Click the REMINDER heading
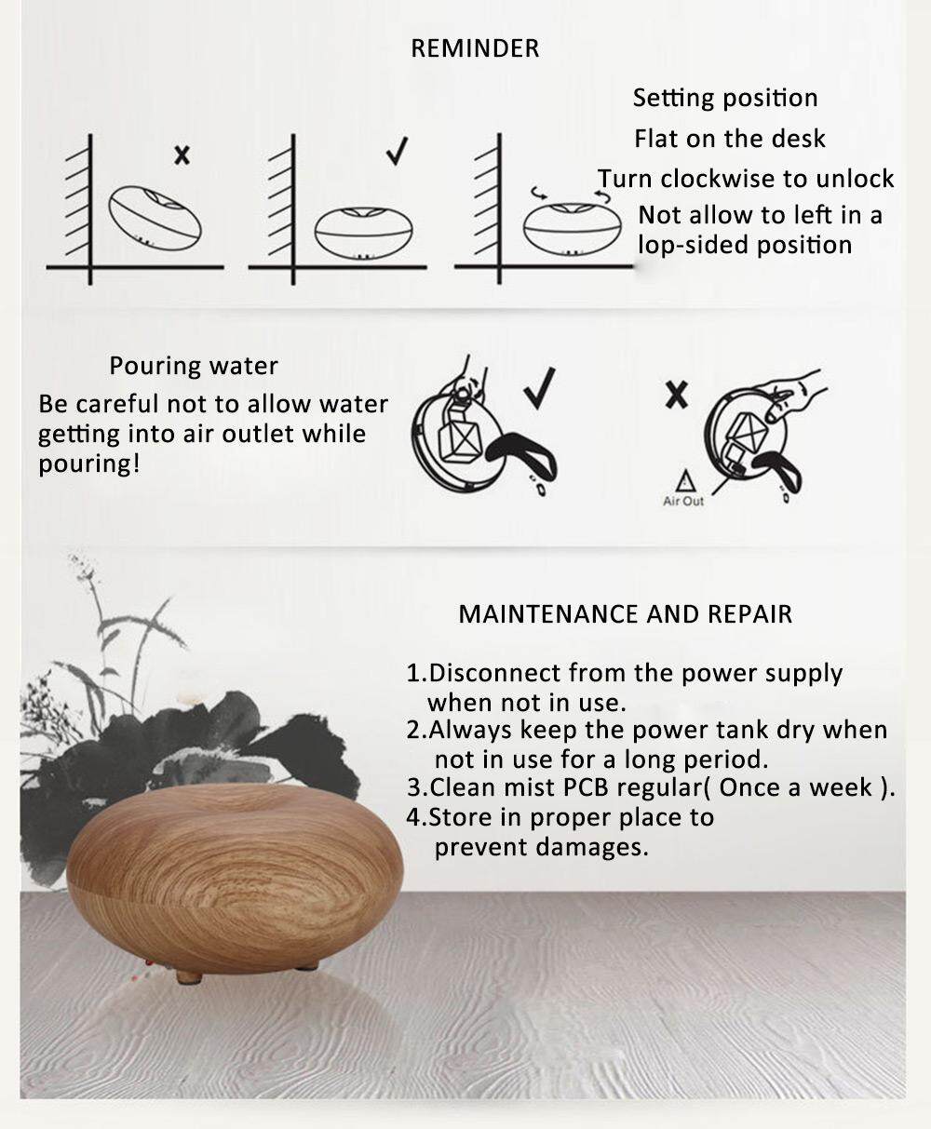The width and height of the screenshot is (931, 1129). (475, 48)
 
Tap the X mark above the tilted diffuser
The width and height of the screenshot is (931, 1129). (182, 155)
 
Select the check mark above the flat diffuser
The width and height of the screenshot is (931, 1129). (398, 151)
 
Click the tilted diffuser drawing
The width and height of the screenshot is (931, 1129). (155, 218)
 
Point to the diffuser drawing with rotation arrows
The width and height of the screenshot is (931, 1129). (573, 224)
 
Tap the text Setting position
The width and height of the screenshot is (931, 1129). (725, 99)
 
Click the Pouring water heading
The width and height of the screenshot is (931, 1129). (194, 366)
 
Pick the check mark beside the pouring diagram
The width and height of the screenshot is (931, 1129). (539, 388)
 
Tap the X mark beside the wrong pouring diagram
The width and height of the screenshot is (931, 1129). (677, 395)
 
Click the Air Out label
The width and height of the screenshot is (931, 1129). (683, 502)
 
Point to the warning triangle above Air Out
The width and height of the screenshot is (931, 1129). (685, 480)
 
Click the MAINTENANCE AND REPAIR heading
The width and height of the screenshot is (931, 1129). (626, 614)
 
